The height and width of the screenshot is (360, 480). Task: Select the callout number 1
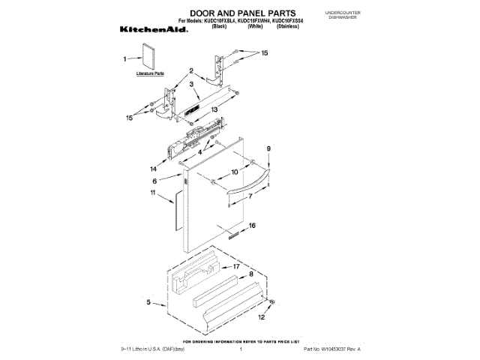point(124,58)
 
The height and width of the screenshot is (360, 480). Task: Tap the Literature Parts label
point(149,74)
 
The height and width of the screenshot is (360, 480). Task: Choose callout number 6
point(155,181)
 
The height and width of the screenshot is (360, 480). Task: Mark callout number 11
point(153,193)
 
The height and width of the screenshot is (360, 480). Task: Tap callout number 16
point(253,225)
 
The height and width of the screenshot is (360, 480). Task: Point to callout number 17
point(235,266)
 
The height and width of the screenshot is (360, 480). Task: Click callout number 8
point(251,275)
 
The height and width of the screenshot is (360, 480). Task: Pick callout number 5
point(149,303)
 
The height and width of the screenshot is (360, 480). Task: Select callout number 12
point(261,317)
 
